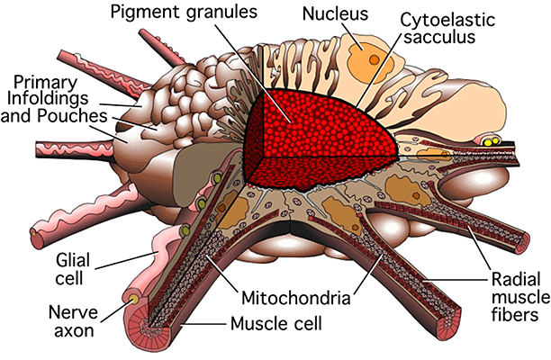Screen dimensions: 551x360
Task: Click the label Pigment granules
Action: pyautogui.click(x=184, y=13)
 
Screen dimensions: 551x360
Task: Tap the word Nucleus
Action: pyautogui.click(x=335, y=14)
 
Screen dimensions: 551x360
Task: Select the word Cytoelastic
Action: pyautogui.click(x=447, y=21)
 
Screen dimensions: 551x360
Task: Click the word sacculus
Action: pyautogui.click(x=439, y=37)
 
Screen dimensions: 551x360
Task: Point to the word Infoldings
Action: pyautogui.click(x=48, y=99)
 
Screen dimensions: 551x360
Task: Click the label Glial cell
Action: pyautogui.click(x=72, y=269)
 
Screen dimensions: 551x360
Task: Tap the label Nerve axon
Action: pyautogui.click(x=72, y=321)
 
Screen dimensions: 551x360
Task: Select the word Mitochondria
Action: pyautogui.click(x=296, y=298)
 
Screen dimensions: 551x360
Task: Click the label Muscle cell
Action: pyautogui.click(x=275, y=323)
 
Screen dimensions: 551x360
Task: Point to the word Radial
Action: pyautogui.click(x=516, y=280)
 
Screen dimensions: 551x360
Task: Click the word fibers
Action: pyautogui.click(x=514, y=314)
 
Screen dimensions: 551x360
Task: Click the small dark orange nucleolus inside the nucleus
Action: pyautogui.click(x=374, y=60)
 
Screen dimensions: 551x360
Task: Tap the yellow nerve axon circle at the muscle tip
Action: pyautogui.click(x=133, y=300)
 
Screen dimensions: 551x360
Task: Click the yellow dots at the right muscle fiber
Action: pyautogui.click(x=491, y=141)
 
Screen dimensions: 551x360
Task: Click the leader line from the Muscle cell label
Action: pyautogui.click(x=204, y=325)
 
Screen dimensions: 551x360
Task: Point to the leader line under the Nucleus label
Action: pyautogui.click(x=352, y=36)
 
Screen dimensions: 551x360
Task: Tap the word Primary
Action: pyautogui.click(x=45, y=83)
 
